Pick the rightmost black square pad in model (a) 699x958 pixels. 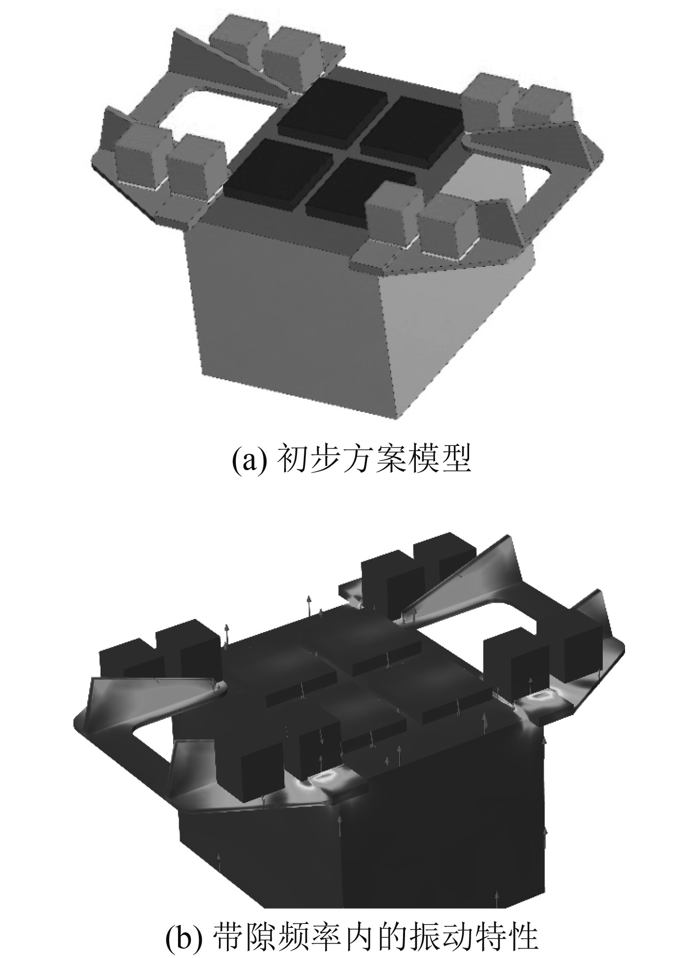(x=412, y=130)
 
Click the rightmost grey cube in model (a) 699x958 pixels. (x=549, y=104)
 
